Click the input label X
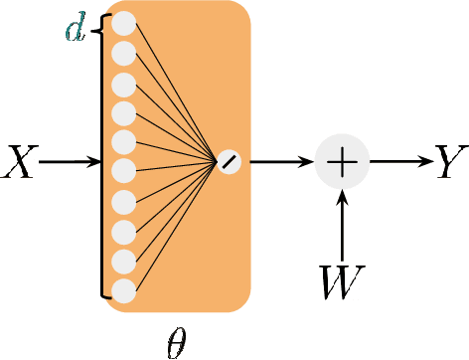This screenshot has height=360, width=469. point(20,162)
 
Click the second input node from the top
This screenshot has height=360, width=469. point(123,53)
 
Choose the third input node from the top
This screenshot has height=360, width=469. point(123,83)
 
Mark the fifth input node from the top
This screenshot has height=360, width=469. point(123,142)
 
